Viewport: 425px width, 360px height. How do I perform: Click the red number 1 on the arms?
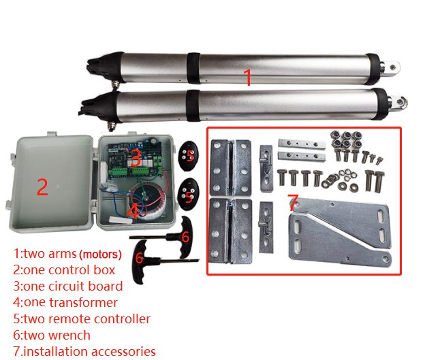click(248, 77)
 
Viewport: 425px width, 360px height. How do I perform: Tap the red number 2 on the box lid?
click(42, 187)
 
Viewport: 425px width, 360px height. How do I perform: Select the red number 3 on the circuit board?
click(136, 158)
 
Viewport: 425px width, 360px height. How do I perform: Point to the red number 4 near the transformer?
click(133, 211)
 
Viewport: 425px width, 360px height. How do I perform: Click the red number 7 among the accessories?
click(294, 202)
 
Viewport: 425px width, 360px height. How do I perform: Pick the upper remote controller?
click(189, 156)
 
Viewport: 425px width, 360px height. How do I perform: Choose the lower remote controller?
click(188, 194)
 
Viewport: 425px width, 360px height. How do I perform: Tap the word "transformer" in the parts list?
click(84, 303)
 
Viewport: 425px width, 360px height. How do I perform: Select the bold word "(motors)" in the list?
click(100, 255)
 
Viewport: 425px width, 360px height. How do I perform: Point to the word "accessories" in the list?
click(123, 352)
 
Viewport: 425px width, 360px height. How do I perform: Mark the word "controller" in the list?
click(122, 319)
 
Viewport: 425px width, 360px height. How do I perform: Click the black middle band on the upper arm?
click(193, 68)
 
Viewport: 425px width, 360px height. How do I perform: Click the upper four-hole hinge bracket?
click(231, 167)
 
